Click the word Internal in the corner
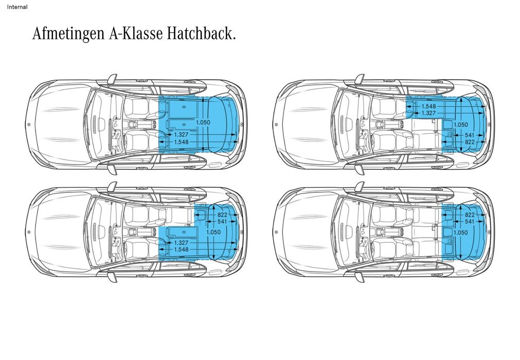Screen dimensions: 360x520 click(x=17, y=7)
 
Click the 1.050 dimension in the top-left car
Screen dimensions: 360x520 click(x=204, y=122)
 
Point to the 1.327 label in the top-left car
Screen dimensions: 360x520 click(x=181, y=134)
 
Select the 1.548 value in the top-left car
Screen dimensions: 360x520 click(x=181, y=141)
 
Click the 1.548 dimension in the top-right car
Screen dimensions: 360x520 click(x=428, y=106)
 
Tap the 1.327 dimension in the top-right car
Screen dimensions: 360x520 click(x=428, y=113)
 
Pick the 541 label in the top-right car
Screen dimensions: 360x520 click(x=469, y=135)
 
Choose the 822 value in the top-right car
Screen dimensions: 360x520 click(x=469, y=141)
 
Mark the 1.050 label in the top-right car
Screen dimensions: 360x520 click(x=460, y=124)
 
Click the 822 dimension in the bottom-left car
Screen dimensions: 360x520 click(x=222, y=214)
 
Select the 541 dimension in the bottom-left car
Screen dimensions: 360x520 click(x=222, y=221)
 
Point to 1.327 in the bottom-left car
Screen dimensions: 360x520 click(x=181, y=242)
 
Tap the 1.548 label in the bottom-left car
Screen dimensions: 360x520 click(x=181, y=249)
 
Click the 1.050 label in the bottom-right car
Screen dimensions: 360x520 click(x=460, y=232)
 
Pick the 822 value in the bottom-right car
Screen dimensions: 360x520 click(x=469, y=214)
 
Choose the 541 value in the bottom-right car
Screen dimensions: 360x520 click(x=469, y=221)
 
